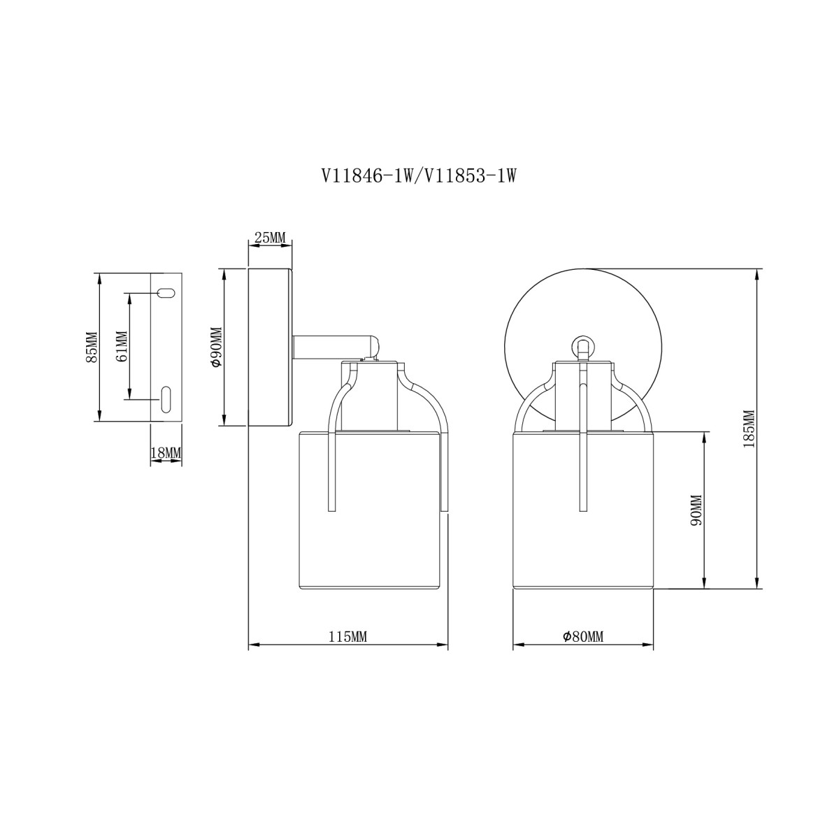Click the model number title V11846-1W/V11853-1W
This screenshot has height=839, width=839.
(x=418, y=176)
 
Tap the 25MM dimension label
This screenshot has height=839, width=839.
(x=269, y=238)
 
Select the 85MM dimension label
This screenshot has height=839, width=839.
(x=92, y=347)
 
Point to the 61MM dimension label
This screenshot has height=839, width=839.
(x=122, y=346)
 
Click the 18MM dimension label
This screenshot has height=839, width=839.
(x=166, y=453)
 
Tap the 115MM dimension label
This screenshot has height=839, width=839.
(x=347, y=637)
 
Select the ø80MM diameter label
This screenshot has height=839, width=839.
(x=583, y=637)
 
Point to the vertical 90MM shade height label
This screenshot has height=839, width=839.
(x=696, y=511)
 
